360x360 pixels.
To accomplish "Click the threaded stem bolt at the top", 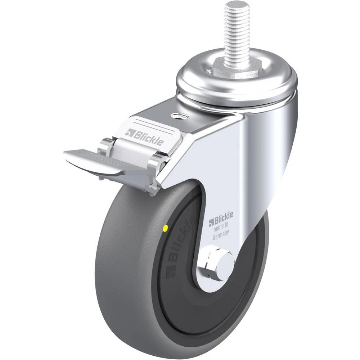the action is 237,35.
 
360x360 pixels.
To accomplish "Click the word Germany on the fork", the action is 221,235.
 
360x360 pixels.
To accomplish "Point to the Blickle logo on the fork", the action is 221,219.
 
